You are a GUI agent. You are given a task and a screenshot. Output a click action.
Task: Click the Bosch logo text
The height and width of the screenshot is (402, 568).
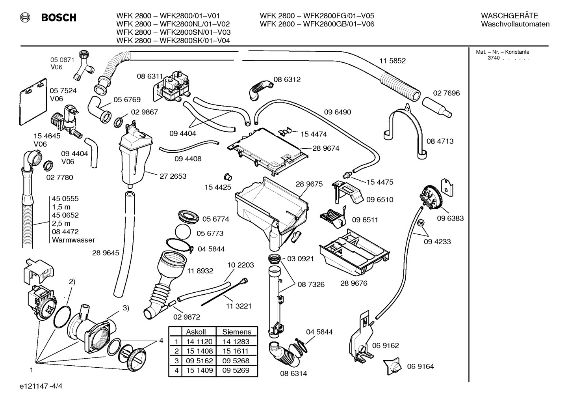click(58, 18)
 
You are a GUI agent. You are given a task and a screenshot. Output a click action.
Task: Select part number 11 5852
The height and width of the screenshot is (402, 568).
click(392, 61)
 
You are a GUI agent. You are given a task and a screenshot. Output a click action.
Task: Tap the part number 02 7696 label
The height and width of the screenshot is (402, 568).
click(446, 93)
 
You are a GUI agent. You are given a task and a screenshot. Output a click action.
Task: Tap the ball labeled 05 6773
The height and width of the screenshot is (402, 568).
click(184, 233)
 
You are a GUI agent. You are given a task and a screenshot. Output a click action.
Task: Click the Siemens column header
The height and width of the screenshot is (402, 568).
click(236, 332)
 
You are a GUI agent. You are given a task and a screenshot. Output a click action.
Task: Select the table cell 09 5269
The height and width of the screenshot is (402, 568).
click(236, 370)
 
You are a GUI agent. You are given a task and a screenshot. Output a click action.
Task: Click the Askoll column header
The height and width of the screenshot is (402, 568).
click(196, 332)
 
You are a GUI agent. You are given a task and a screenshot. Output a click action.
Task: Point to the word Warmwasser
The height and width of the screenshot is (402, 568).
click(73, 240)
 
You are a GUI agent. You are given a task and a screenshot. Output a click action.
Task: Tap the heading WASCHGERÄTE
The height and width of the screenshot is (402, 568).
click(509, 16)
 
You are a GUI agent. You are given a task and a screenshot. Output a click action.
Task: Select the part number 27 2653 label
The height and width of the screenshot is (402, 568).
click(173, 176)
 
